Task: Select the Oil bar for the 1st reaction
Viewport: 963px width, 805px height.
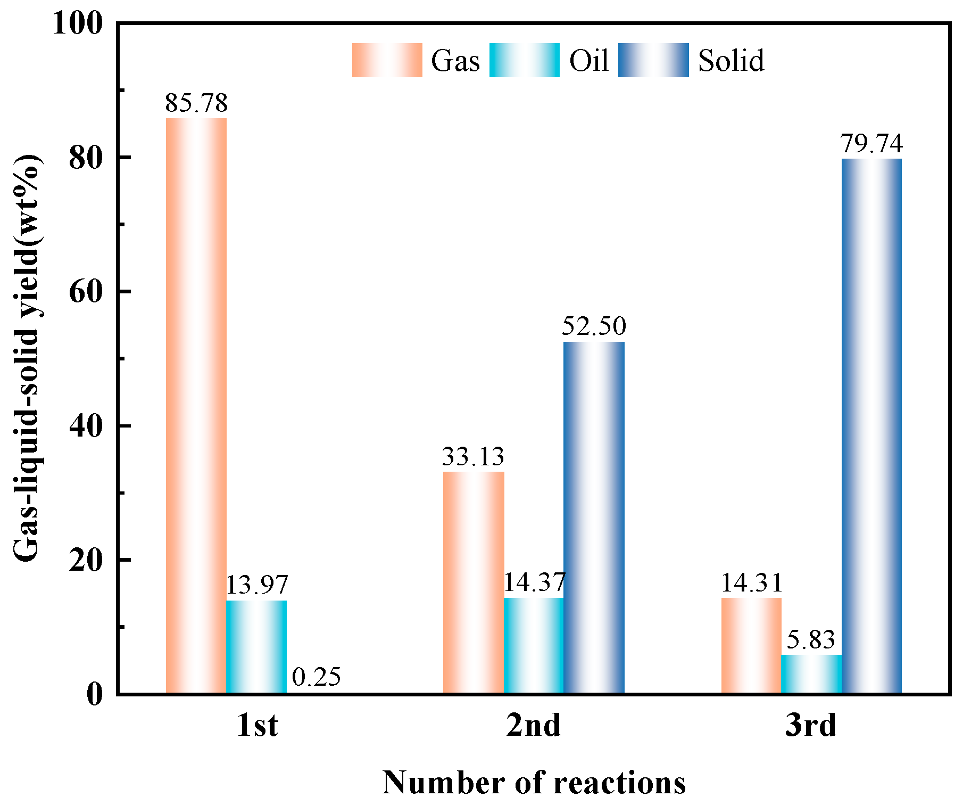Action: tap(256, 647)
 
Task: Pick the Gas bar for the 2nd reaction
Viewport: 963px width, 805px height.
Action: tap(474, 582)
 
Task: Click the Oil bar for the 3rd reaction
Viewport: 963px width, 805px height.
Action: tap(811, 674)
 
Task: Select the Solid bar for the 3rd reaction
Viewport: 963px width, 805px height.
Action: tap(871, 426)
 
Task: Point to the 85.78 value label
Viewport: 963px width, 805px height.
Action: tap(196, 103)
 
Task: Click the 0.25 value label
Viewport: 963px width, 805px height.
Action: tap(317, 677)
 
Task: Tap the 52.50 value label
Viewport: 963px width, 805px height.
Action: tap(594, 326)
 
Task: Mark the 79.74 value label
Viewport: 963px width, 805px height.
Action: tap(871, 144)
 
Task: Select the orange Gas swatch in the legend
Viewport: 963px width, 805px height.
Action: tap(387, 60)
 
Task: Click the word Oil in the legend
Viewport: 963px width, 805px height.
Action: tap(588, 60)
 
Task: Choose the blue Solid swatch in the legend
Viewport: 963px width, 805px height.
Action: tap(653, 60)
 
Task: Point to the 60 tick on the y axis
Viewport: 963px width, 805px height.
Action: tap(85, 292)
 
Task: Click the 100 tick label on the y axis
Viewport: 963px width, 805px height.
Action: tap(77, 24)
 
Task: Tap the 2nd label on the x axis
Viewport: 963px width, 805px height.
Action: tap(533, 725)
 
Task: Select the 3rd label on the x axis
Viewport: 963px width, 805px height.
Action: tap(810, 725)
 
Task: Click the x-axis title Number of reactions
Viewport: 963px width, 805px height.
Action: tap(534, 783)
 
